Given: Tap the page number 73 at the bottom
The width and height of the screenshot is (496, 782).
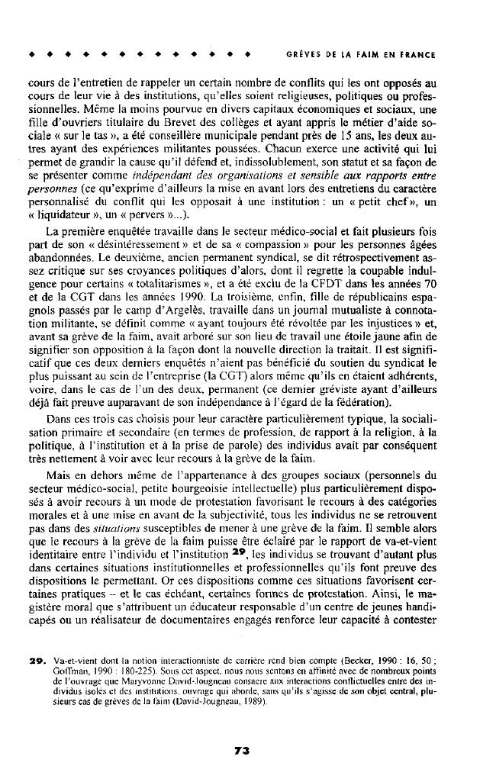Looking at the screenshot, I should point(243,751).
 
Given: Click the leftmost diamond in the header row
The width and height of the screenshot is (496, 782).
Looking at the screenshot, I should point(30,56).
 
